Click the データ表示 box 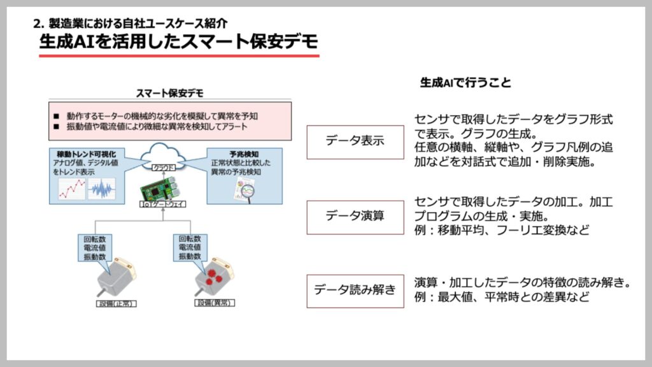point(355,141)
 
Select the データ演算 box point(355,217)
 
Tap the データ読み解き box point(355,291)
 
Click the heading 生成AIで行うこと point(466,83)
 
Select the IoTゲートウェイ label point(164,204)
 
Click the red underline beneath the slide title point(178,56)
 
